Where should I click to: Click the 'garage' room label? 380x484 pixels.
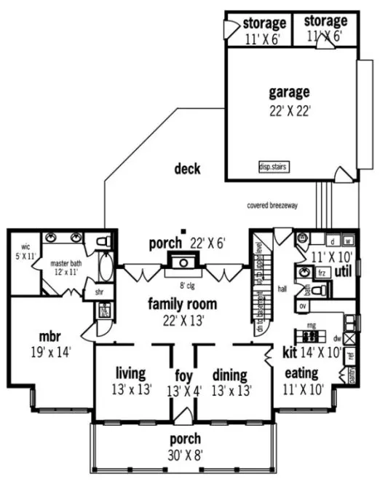tap(290, 93)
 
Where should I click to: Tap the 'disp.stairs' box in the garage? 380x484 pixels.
tap(273, 167)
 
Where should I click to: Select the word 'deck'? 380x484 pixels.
tap(187, 169)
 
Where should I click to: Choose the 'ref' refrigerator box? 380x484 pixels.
tap(350, 356)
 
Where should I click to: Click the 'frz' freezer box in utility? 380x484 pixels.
tap(321, 272)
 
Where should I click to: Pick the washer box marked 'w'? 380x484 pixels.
tap(348, 240)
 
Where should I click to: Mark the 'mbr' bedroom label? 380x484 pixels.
tap(50, 337)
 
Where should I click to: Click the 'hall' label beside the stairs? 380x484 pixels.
tap(282, 289)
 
